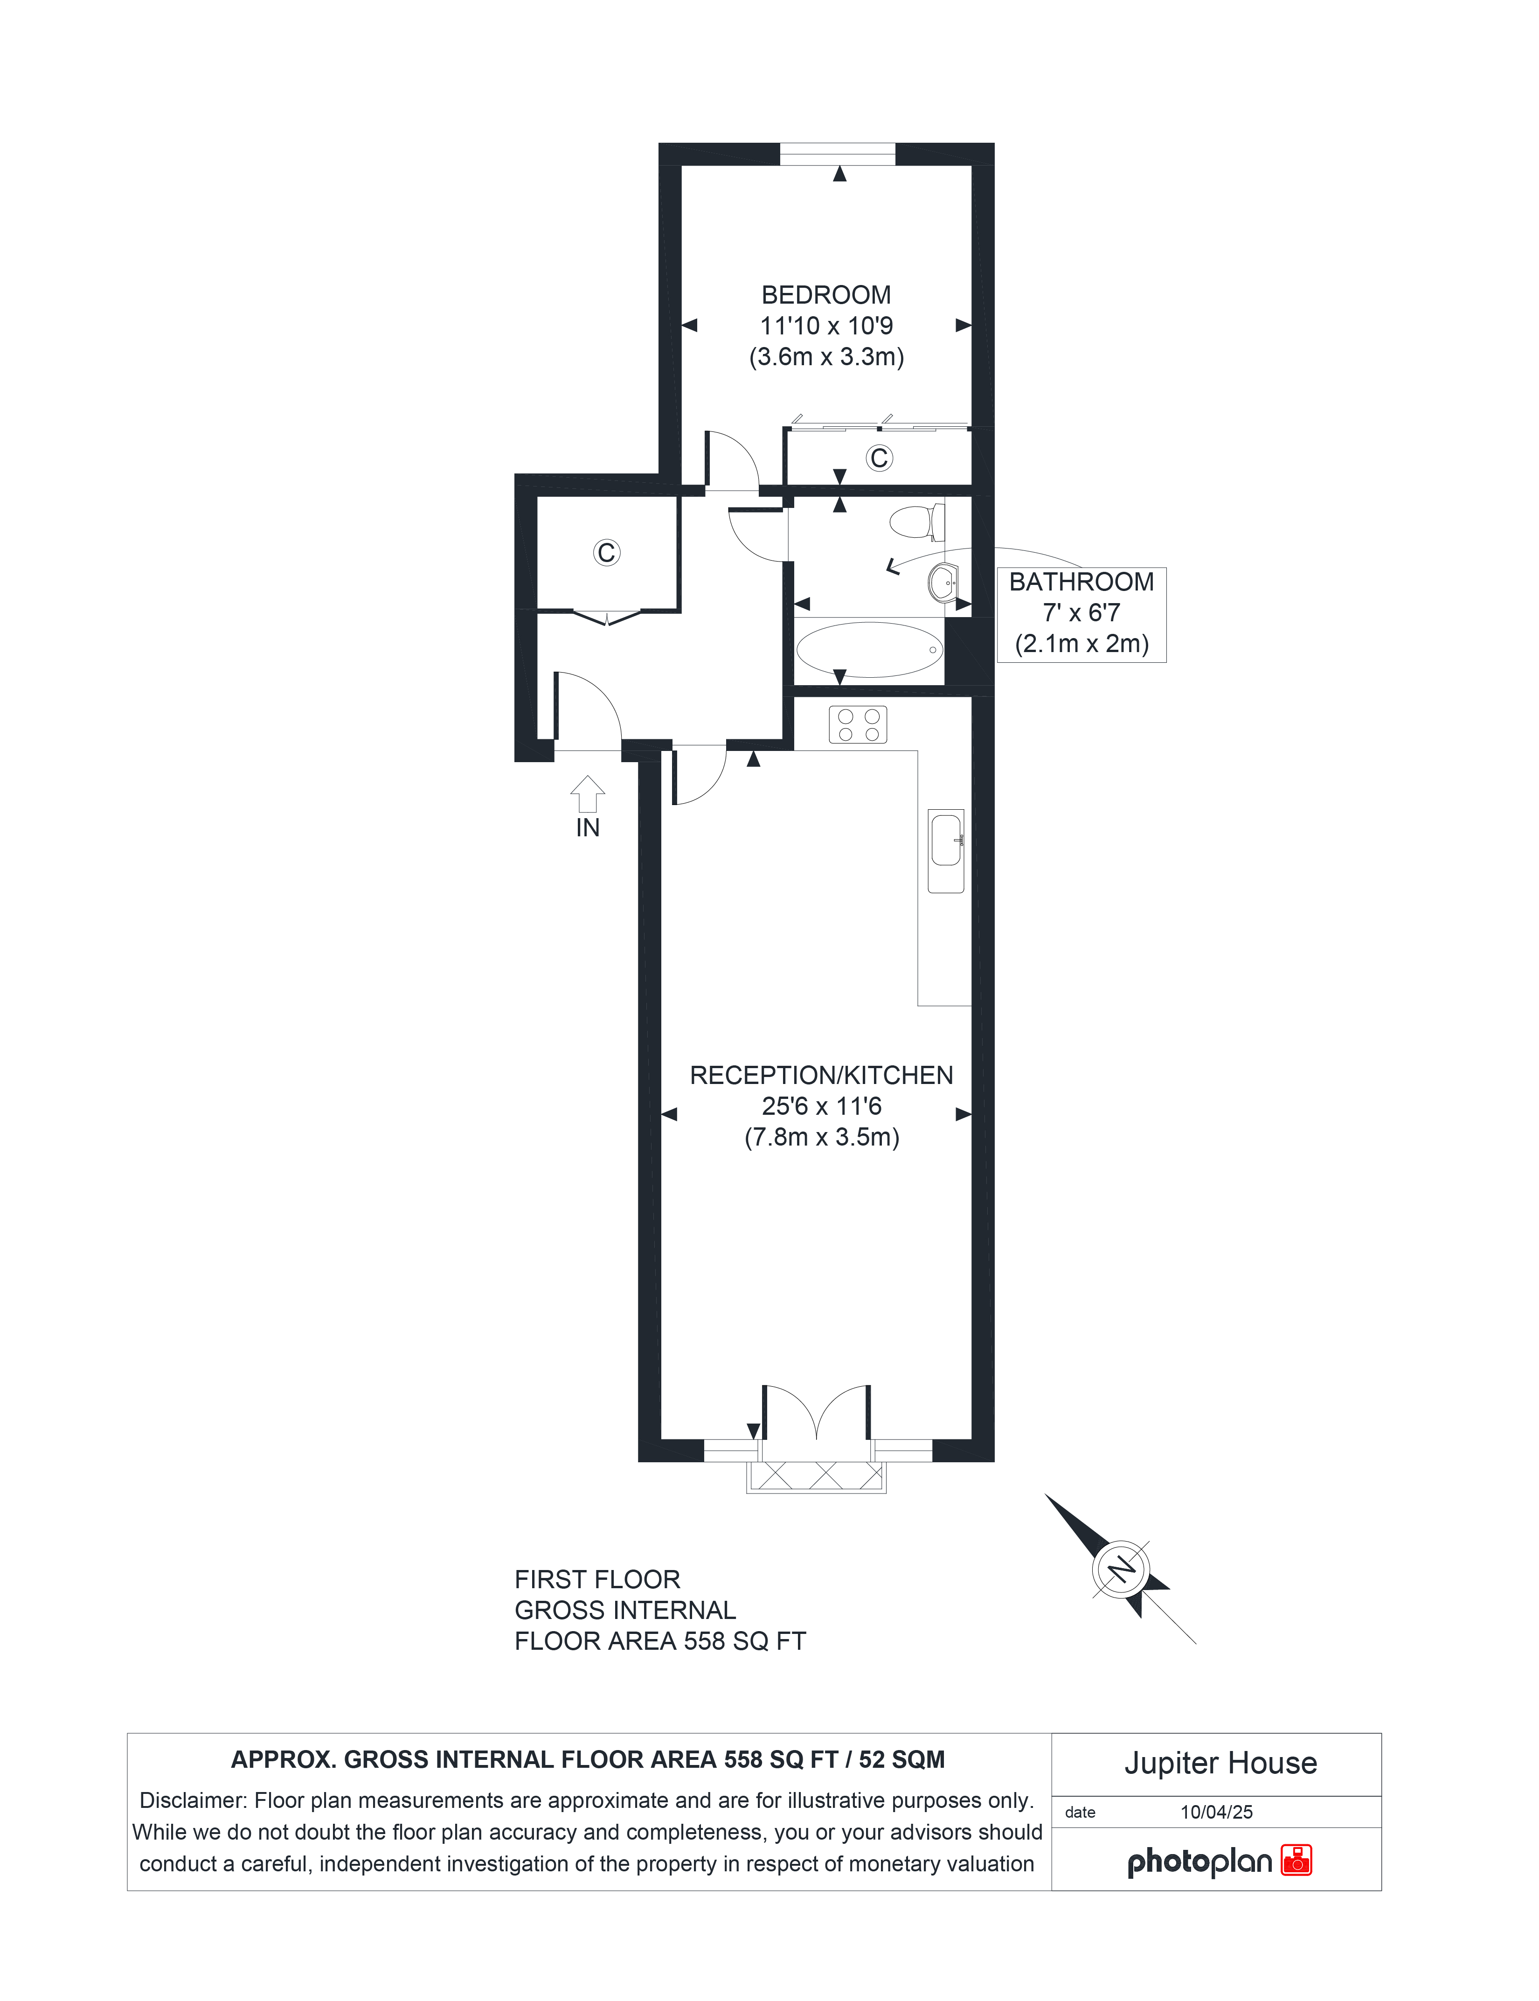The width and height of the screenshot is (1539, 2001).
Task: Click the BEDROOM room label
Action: pos(826,295)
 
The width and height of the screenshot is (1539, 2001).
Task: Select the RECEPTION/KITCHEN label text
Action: pos(822,1076)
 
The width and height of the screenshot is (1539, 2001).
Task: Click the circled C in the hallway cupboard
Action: pos(606,552)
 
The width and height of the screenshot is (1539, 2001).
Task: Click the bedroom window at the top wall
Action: pos(837,154)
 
